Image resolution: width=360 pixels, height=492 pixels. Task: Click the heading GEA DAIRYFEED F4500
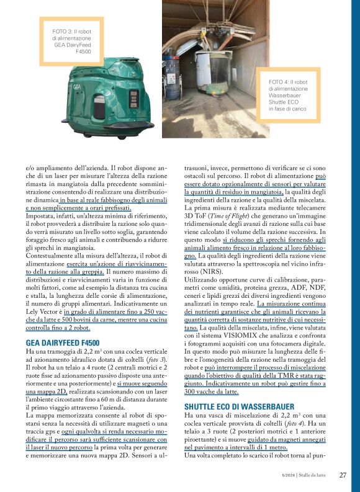pos(62,342)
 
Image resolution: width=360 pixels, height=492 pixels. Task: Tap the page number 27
pos(343,475)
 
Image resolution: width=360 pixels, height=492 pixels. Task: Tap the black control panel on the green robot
pos(133,99)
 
